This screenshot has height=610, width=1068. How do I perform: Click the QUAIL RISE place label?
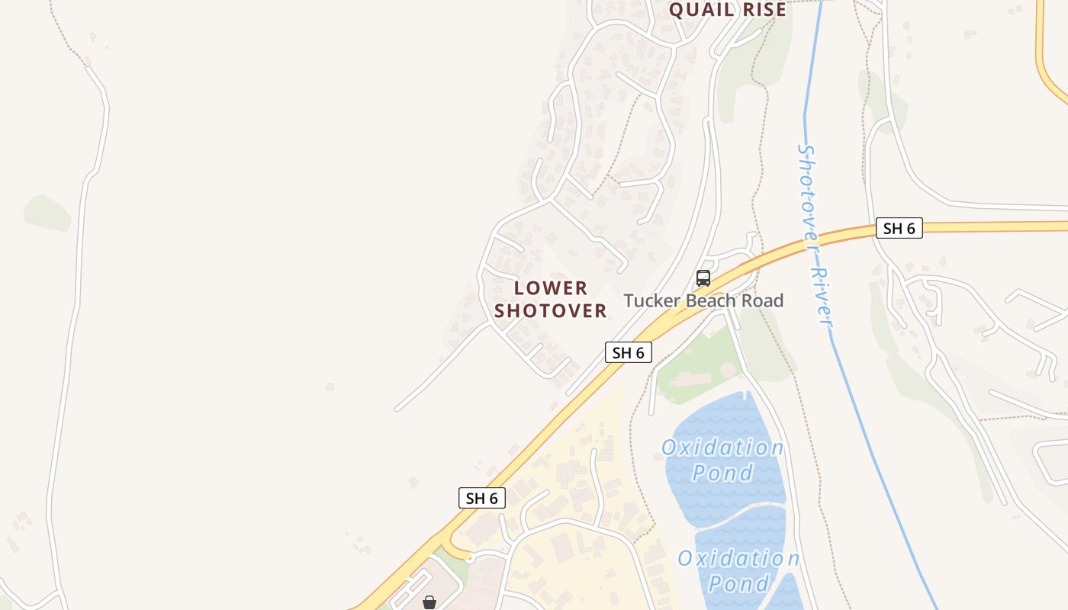click(x=727, y=10)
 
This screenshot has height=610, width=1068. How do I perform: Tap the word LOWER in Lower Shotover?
click(x=551, y=288)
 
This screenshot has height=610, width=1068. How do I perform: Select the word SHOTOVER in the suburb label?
click(x=551, y=311)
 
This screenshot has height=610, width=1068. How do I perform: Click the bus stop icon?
click(x=703, y=278)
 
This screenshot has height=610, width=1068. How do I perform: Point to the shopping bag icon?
click(x=429, y=602)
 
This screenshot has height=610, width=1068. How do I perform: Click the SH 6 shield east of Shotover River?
click(x=899, y=228)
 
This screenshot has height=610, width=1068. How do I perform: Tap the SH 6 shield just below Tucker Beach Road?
click(x=629, y=352)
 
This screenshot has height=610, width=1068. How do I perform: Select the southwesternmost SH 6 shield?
click(x=482, y=498)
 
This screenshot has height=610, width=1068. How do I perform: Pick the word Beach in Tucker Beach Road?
click(x=713, y=300)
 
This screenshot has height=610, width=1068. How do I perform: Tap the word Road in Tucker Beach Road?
click(x=764, y=300)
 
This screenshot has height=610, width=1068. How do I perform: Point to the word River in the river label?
click(x=822, y=296)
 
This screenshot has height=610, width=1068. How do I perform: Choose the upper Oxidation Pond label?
click(x=722, y=460)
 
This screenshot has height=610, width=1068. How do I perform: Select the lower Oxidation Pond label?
click(x=738, y=571)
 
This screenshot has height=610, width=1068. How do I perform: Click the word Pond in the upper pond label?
click(x=722, y=473)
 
